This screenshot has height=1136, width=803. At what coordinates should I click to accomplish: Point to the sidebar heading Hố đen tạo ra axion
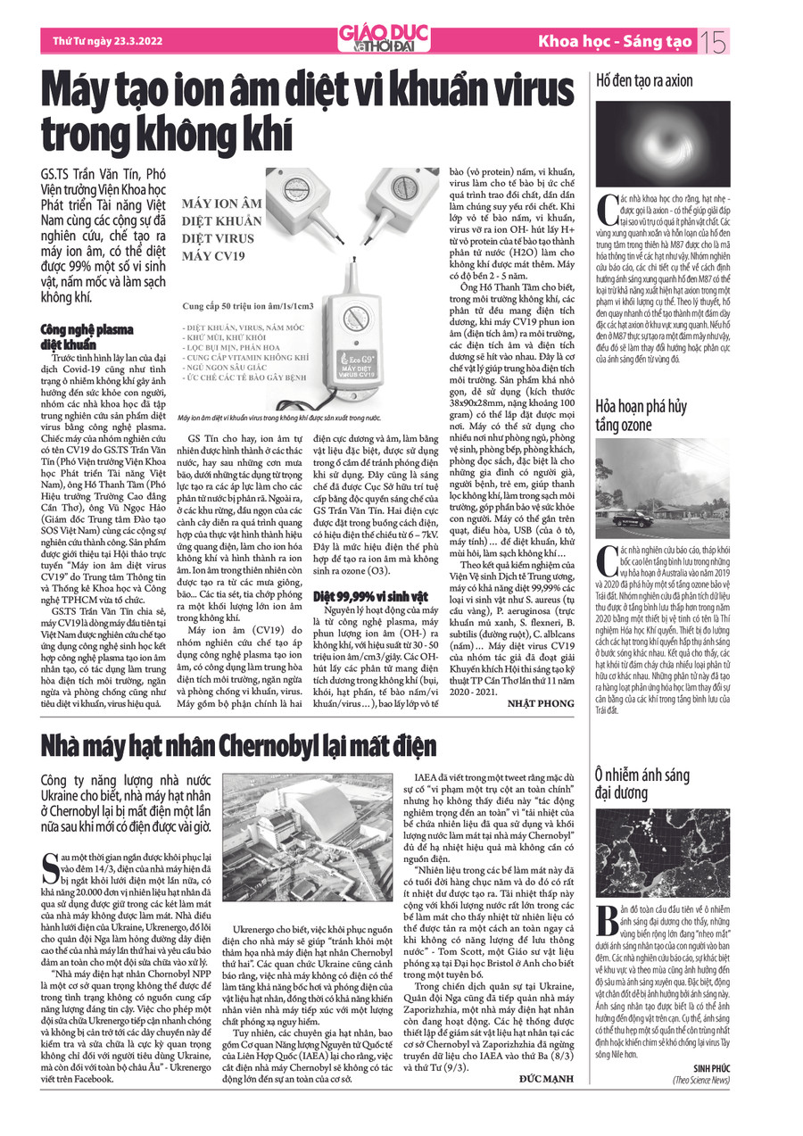644,81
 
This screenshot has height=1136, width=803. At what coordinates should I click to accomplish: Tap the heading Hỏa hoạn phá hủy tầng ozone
641,415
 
